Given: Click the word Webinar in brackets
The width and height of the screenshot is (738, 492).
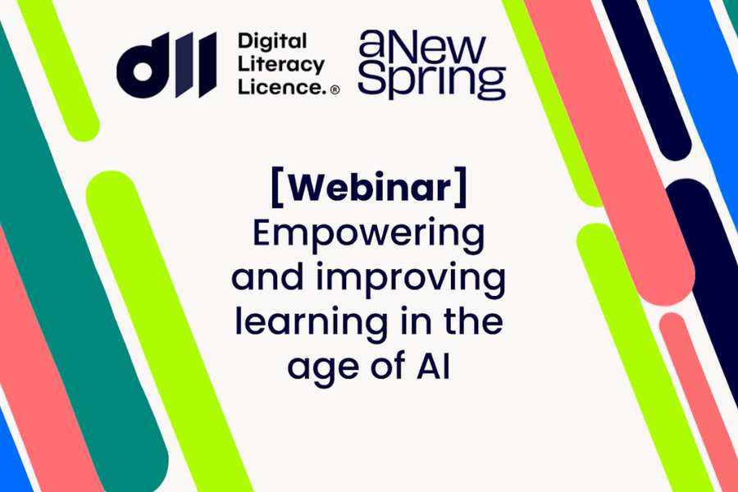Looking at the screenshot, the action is point(370,188).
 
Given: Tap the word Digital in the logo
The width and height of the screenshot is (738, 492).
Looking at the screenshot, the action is point(272,42).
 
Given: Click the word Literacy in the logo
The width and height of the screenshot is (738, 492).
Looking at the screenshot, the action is point(281,64).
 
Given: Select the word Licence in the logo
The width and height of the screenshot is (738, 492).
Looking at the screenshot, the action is point(282,86).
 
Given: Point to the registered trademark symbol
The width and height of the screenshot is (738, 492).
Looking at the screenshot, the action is point(335,90).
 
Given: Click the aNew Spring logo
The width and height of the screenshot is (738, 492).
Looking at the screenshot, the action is point(431,65).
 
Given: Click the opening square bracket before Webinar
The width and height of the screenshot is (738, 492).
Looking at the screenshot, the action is point(277,187).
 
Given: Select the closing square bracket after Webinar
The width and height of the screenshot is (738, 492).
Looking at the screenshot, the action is point(461,187).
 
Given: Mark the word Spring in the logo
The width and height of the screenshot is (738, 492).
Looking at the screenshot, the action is point(431,82).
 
